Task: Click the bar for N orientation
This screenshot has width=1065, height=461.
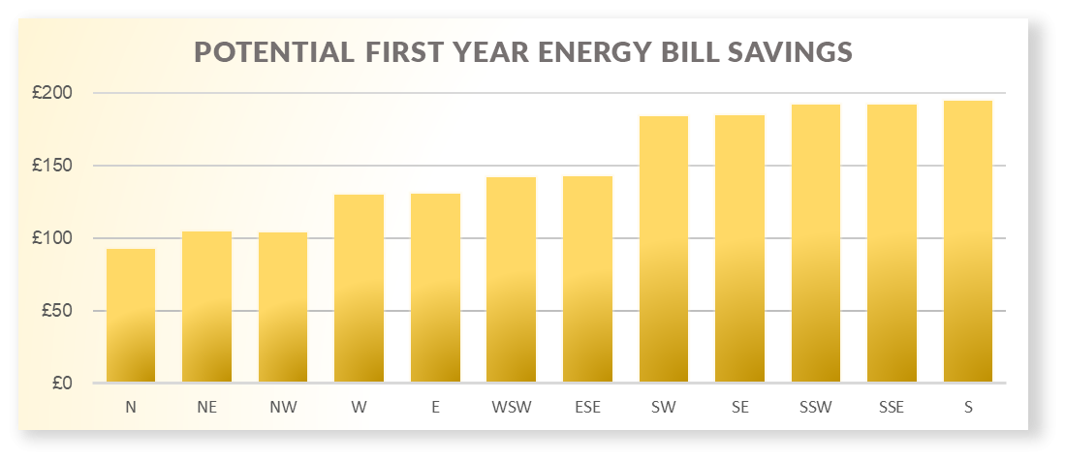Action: (131, 316)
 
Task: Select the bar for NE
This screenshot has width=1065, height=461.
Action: (206, 307)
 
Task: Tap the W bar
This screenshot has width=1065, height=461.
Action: (359, 289)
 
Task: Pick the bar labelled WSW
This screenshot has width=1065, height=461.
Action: (511, 280)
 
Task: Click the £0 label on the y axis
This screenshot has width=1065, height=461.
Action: (61, 384)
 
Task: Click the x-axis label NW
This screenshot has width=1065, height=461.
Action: (283, 408)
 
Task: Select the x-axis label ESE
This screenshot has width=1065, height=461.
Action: (587, 408)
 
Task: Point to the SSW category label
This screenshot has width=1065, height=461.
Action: (815, 408)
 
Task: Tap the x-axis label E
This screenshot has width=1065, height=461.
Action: (435, 408)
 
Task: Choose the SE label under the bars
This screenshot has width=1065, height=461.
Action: (739, 408)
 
